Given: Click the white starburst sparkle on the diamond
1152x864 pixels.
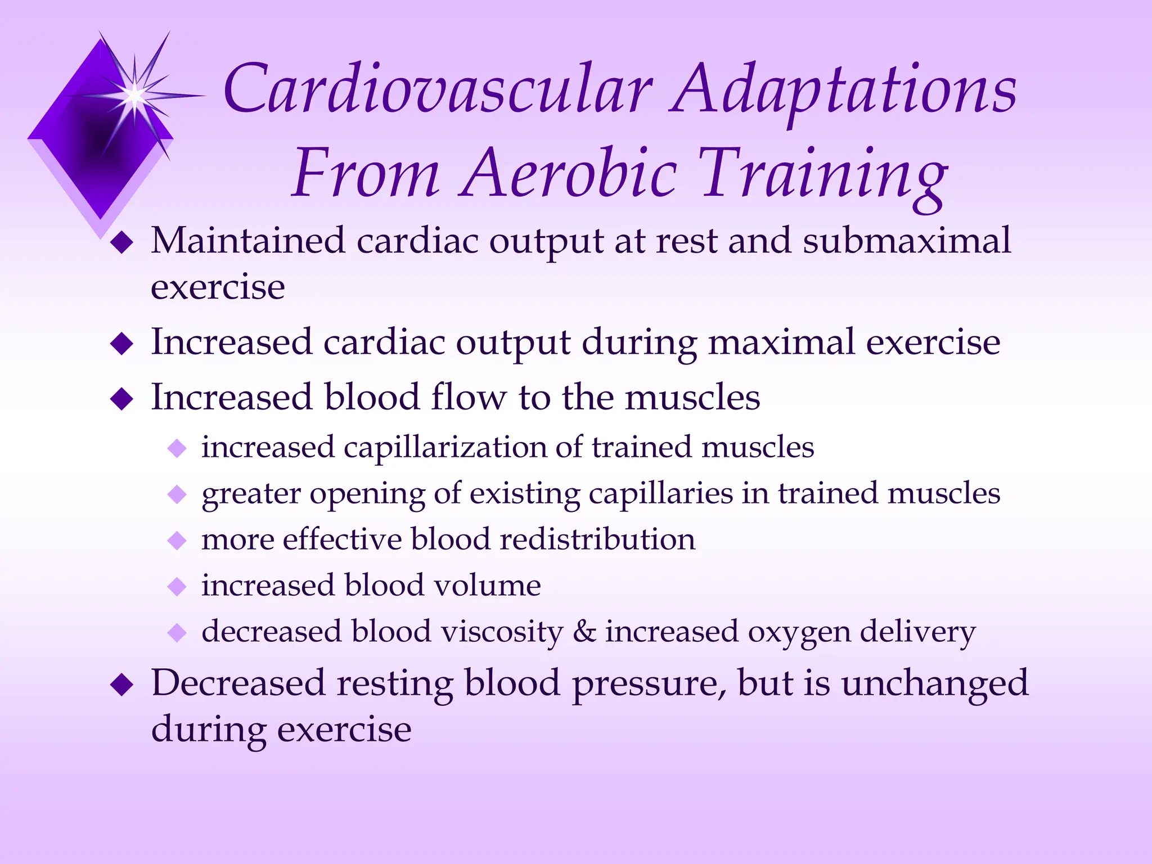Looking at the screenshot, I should click(135, 96).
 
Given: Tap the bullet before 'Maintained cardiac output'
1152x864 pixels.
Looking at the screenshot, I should click(121, 244).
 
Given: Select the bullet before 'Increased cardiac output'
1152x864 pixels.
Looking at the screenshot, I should click(121, 344).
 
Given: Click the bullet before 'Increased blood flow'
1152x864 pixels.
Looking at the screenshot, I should click(121, 399).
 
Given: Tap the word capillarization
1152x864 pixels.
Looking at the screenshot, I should click(445, 448).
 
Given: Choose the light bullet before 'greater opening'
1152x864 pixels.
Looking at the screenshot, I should click(177, 495).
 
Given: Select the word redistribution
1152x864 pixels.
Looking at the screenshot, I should click(597, 539).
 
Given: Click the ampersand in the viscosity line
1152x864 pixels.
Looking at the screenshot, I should click(584, 631).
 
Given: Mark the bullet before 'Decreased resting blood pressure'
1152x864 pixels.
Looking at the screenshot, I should click(121, 686).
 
